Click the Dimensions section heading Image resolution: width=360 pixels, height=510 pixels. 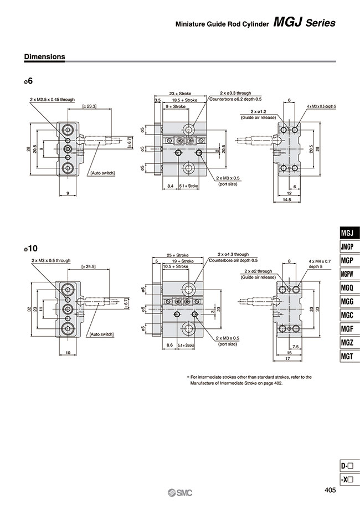coord(45,56)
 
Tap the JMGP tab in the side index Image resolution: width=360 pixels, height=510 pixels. coord(348,246)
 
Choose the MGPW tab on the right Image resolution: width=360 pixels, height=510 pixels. coord(348,274)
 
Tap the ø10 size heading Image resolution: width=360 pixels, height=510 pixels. coord(30,249)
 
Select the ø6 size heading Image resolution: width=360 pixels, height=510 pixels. coord(28,81)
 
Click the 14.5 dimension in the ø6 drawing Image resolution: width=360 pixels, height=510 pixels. coord(286,199)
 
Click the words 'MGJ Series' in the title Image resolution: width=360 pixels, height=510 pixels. coord(305,23)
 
